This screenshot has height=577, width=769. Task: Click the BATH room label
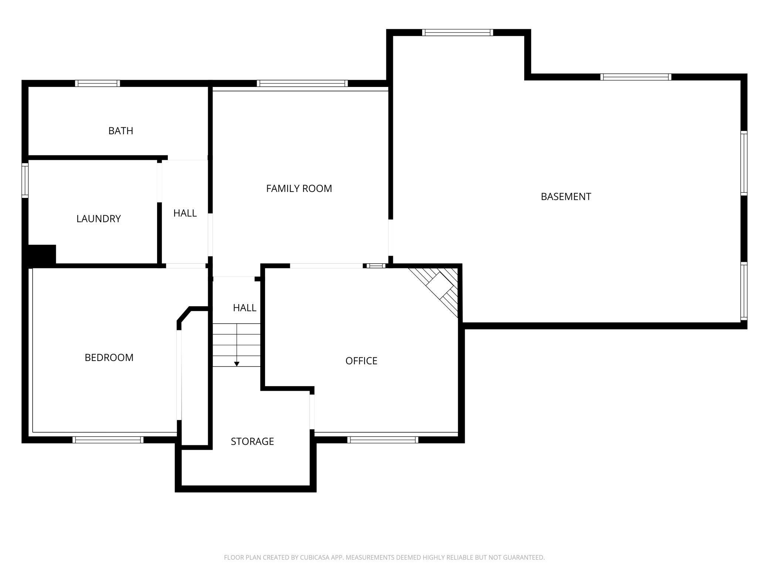click(x=121, y=131)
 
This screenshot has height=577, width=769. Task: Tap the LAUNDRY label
click(x=99, y=219)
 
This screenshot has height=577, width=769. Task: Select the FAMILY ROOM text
click(x=299, y=189)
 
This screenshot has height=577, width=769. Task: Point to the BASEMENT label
click(x=566, y=197)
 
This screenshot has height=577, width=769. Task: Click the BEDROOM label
click(x=109, y=358)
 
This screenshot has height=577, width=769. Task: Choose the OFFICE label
click(x=362, y=361)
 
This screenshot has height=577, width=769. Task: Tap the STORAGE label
click(x=253, y=442)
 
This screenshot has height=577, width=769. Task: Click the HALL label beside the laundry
click(x=185, y=213)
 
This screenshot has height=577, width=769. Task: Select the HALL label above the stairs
click(x=245, y=308)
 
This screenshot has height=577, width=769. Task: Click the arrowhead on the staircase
click(x=237, y=364)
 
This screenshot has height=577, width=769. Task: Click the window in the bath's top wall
click(x=98, y=83)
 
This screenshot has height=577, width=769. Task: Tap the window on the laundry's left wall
click(x=25, y=180)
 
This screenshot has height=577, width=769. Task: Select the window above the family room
click(x=302, y=83)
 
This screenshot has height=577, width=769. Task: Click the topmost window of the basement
click(x=458, y=33)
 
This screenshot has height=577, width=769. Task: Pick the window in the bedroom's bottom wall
click(x=108, y=440)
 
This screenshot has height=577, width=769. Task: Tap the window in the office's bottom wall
click(x=383, y=440)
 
